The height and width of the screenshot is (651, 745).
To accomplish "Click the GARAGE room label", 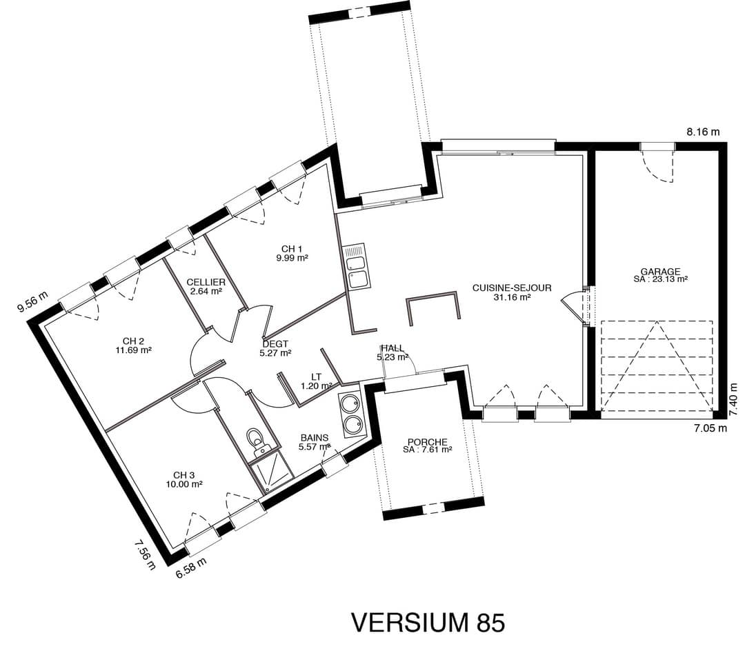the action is click(660, 272).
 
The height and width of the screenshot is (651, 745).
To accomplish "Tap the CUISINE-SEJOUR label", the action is click(512, 288).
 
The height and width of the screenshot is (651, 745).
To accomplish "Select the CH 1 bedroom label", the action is click(292, 249).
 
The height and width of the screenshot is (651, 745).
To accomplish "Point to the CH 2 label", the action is click(133, 341).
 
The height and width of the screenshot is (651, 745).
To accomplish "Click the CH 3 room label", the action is click(184, 475).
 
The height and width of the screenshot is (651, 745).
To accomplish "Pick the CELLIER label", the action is click(206, 283).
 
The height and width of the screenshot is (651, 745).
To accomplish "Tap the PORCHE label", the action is click(427, 442).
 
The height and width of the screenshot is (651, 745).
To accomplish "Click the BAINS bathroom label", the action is click(314, 438).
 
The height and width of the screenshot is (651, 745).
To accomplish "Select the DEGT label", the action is click(275, 344).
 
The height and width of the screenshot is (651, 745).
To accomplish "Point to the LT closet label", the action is click(316, 377).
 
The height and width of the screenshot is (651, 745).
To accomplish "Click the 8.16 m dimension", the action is click(703, 132).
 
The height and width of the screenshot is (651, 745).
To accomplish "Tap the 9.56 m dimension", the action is click(33, 302).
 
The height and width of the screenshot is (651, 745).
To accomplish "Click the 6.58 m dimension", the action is click(191, 568).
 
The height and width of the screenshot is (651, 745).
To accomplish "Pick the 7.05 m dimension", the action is click(711, 428).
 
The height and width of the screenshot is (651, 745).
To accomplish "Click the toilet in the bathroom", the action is click(257, 442).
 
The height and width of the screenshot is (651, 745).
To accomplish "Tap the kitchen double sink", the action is click(356, 267).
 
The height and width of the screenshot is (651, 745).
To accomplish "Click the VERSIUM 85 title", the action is click(428, 622).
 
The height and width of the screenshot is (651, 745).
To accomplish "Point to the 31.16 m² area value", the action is click(512, 297).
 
